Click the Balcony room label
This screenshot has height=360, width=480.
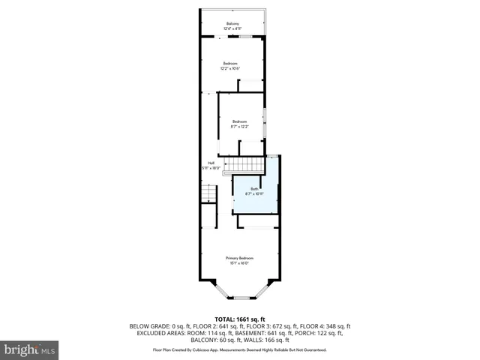[x=232, y=24]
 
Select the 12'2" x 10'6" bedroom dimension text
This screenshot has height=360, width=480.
[x=230, y=69]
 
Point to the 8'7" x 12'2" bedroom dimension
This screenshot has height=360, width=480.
[x=239, y=127]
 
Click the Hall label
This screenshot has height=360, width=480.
[x=211, y=163]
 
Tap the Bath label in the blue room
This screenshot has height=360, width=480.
[x=254, y=189]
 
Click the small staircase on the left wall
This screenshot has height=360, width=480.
[x=208, y=196]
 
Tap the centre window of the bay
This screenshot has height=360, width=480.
[x=240, y=297]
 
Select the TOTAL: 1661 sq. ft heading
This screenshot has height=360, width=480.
[x=239, y=319]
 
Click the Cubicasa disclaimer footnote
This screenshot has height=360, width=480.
[x=239, y=349]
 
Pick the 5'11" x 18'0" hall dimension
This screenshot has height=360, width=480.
[x=211, y=168]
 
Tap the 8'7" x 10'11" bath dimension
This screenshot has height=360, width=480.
[x=254, y=194]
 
